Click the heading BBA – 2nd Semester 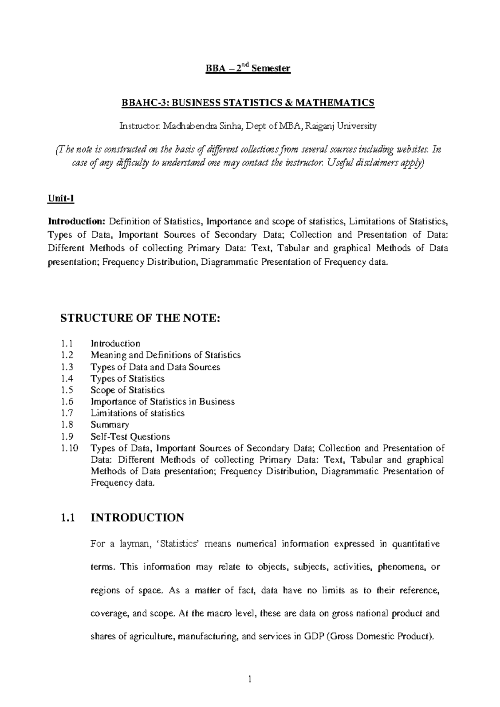pyautogui.click(x=248, y=68)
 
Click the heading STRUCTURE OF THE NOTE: pyautogui.click(x=140, y=318)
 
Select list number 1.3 pyautogui.click(x=67, y=367)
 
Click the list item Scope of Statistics pyautogui.click(x=127, y=390)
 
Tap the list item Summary pyautogui.click(x=110, y=425)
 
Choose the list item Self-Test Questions pyautogui.click(x=130, y=436)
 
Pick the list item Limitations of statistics pyautogui.click(x=137, y=413)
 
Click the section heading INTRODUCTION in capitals pyautogui.click(x=137, y=518)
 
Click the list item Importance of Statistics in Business pyautogui.click(x=162, y=402)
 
